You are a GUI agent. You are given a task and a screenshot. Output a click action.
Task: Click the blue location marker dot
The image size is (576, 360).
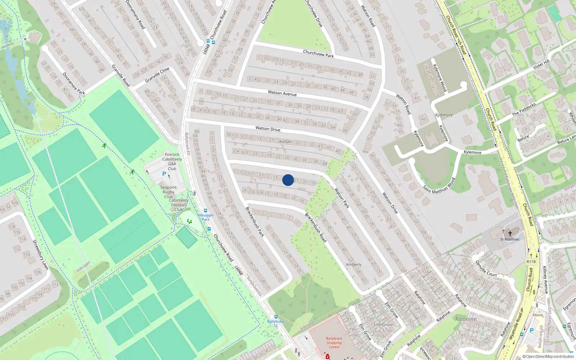tap(288, 180)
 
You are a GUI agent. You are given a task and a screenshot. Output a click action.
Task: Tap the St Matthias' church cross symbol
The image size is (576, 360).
tap(510, 234)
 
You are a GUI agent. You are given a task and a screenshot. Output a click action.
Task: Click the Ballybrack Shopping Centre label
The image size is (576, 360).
tap(334, 343)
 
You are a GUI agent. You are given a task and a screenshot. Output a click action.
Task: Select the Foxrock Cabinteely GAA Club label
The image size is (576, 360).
tap(172, 161)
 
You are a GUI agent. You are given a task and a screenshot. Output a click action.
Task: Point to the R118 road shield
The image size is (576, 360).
tap(531, 262)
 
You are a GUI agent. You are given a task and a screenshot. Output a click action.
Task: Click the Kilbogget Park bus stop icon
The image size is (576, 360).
tap(206, 211)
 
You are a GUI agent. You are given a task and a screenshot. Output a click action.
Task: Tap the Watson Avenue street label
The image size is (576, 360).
tap(282, 93)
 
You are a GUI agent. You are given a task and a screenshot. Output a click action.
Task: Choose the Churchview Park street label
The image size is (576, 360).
tap(318, 54)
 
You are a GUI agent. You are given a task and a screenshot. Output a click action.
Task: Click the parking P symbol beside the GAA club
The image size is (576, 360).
tap(164, 174)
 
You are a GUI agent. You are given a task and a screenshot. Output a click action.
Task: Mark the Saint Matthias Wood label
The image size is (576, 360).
tap(439, 186)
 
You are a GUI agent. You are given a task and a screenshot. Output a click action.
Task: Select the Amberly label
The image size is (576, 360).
tap(354, 265)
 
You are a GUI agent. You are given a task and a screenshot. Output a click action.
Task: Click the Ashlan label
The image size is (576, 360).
tap(285, 141)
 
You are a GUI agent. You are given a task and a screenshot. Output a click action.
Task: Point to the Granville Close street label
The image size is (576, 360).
tap(157, 75)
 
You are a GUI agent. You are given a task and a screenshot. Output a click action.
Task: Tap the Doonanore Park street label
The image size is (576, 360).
tap(74, 84)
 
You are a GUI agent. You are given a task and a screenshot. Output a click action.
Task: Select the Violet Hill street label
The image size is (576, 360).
tap(541, 64)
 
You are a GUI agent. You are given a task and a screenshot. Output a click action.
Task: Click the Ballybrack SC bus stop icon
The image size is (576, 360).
tap(276, 317)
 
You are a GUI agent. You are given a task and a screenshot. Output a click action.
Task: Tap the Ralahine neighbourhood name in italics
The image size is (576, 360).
tap(465, 319)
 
